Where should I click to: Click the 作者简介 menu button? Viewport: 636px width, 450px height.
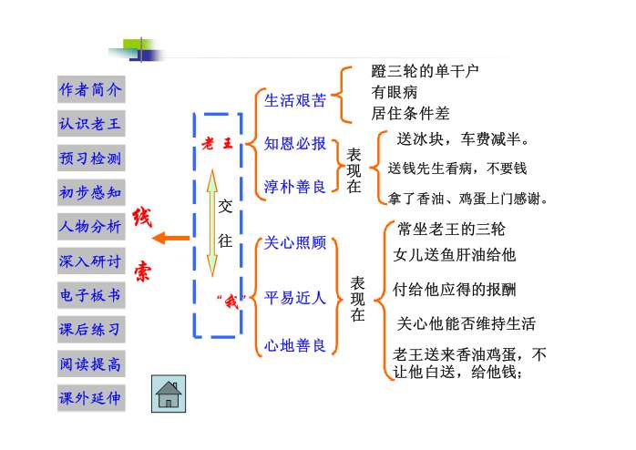90,90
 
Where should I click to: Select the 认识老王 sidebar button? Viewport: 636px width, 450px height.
90,125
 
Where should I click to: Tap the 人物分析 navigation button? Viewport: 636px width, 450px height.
90,227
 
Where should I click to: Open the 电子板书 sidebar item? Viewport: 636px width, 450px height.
90,296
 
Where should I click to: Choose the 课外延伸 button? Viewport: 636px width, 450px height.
90,398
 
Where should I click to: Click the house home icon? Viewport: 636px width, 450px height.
169,394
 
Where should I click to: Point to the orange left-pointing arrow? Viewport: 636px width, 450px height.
170,239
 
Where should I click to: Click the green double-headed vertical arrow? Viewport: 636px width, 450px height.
211,223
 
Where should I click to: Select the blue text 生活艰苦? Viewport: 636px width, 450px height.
294,100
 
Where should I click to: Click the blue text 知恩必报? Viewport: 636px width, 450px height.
294,143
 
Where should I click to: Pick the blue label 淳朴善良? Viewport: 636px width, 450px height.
294,187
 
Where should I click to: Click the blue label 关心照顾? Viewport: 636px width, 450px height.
294,243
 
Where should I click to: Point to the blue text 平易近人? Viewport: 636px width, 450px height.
294,298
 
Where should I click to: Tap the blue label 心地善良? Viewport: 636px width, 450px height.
294,345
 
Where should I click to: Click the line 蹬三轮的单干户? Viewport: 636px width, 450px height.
425,70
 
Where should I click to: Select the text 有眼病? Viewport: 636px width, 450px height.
394,92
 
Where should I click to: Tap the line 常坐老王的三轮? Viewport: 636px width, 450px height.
451,228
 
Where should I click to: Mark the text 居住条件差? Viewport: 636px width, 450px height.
410,114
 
